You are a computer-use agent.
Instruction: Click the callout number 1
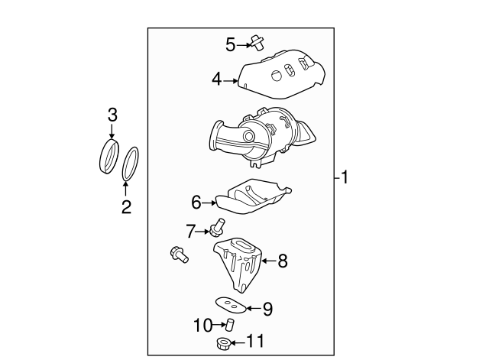tap(345, 177)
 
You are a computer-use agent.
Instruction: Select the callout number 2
tap(126, 206)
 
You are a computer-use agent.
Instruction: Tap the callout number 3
tap(112, 115)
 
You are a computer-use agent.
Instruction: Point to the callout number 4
tap(217, 79)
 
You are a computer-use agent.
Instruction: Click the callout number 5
tap(231, 44)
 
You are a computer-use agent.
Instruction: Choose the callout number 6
tap(196, 202)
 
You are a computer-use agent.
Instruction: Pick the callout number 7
tap(190, 231)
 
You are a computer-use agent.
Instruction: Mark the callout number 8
tap(283, 261)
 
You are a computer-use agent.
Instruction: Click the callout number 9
tap(267, 309)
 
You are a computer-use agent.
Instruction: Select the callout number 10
tap(203, 326)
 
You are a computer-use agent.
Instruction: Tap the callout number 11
tap(255, 341)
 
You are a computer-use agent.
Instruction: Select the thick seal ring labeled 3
tap(109, 157)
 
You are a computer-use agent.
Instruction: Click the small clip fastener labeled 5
tap(257, 43)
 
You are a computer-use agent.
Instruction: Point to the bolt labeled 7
tap(217, 227)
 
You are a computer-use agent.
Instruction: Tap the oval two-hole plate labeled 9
tap(231, 305)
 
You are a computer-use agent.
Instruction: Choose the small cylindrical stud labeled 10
tap(230, 325)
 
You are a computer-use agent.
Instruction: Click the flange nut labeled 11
tap(224, 344)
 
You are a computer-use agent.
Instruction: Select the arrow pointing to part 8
tap(269, 261)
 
